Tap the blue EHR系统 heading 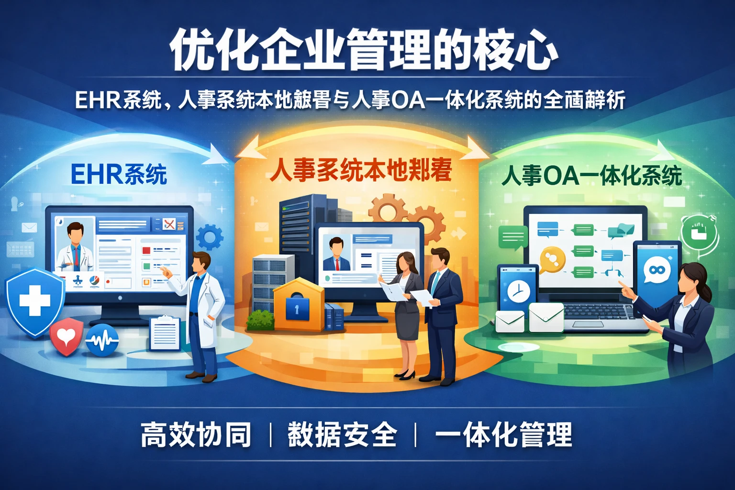click(119, 174)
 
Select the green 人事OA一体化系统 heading click(591, 176)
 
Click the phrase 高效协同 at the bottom click(196, 435)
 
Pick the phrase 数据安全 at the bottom click(342, 435)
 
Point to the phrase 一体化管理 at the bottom click(503, 435)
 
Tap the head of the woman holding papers click(405, 262)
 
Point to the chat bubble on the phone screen click(657, 270)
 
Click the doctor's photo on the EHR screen click(75, 246)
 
